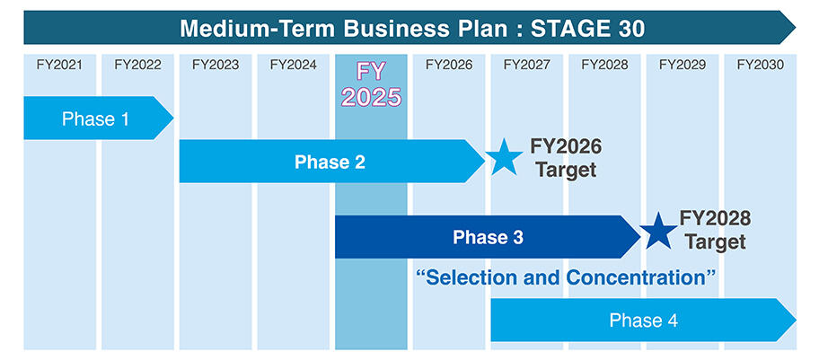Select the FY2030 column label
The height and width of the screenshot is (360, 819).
[x=760, y=65]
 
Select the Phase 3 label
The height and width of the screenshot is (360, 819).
[x=488, y=237]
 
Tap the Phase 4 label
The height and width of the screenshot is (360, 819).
[x=643, y=320]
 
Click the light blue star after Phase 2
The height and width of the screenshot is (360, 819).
[x=505, y=158]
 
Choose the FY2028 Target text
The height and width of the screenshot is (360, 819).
[x=716, y=230]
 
